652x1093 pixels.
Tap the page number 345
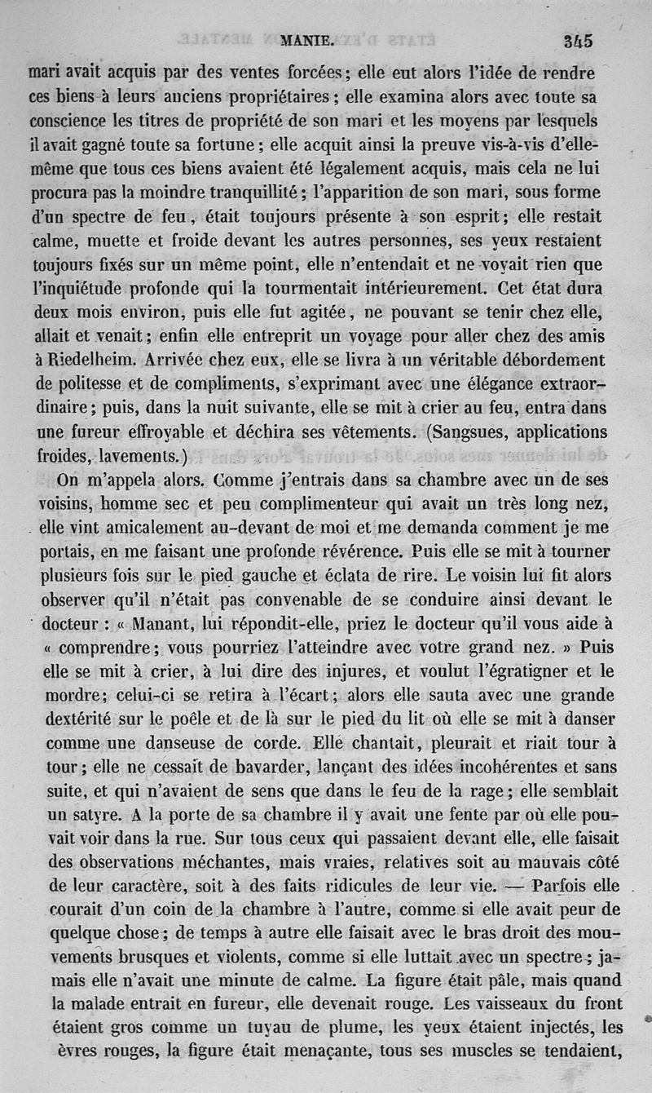click(576, 40)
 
